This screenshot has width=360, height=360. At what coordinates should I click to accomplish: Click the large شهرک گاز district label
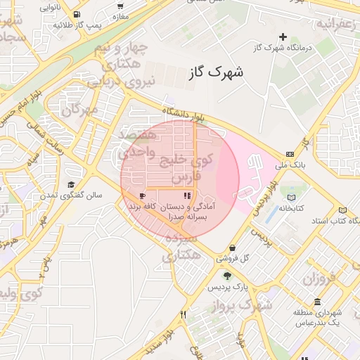[215, 72]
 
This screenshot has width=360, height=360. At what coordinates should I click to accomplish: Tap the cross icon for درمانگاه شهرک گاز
[283, 37]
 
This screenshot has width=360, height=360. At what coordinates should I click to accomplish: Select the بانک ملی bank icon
[290, 155]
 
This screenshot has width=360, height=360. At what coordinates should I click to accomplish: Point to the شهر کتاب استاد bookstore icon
[342, 210]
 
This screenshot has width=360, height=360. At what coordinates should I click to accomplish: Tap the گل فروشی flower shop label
[255, 257]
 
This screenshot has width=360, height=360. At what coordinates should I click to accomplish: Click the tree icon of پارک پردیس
[226, 276]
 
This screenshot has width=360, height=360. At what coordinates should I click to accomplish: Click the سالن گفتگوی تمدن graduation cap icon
[71, 184]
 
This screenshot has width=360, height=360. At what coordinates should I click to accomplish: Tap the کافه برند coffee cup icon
[143, 196]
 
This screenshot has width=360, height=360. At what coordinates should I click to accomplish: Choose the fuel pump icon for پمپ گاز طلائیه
[75, 13]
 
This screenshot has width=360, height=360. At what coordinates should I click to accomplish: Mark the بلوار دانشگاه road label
[184, 115]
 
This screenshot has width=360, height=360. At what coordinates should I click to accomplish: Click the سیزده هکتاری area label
[181, 247]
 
